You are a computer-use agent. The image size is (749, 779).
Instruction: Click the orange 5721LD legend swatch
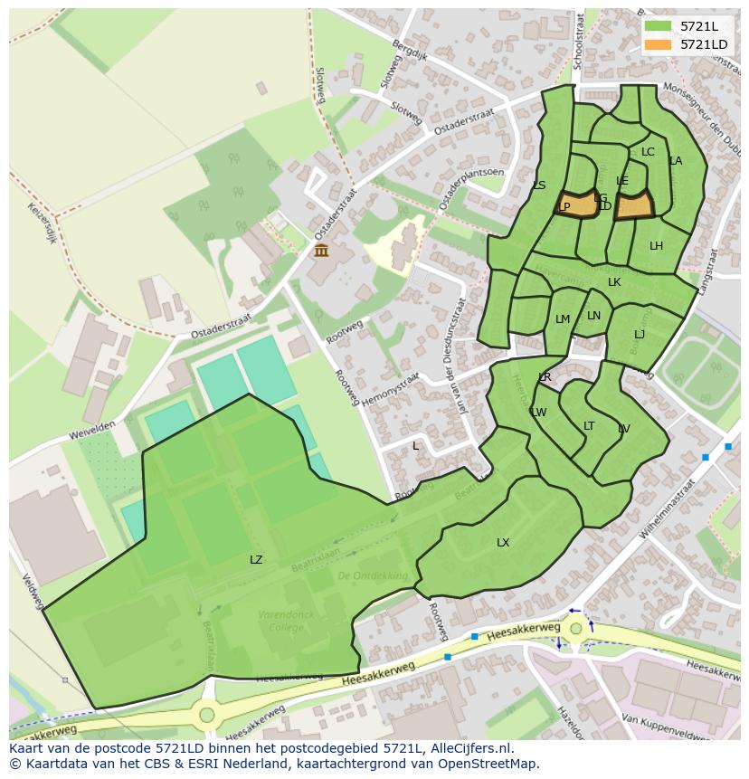[x=659, y=44]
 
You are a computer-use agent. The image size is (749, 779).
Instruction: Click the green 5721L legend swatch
[x=659, y=25]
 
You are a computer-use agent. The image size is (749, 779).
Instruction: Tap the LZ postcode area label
[x=256, y=560]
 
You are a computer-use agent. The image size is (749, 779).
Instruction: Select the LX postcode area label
[x=503, y=543]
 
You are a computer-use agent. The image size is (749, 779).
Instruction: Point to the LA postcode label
[x=676, y=161]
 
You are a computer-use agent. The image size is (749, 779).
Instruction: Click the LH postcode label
[x=656, y=246]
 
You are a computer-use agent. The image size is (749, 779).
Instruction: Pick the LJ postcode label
[x=640, y=335]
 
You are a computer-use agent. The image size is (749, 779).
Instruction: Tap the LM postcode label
[x=563, y=319]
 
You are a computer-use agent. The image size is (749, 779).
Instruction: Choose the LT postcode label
[x=589, y=426]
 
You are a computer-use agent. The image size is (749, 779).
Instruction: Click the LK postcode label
[x=614, y=282]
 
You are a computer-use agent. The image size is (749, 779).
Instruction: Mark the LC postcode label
[x=648, y=152]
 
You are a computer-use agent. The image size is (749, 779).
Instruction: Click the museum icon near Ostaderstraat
[x=321, y=251]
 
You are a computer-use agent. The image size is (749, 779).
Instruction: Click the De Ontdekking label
[x=373, y=575]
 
